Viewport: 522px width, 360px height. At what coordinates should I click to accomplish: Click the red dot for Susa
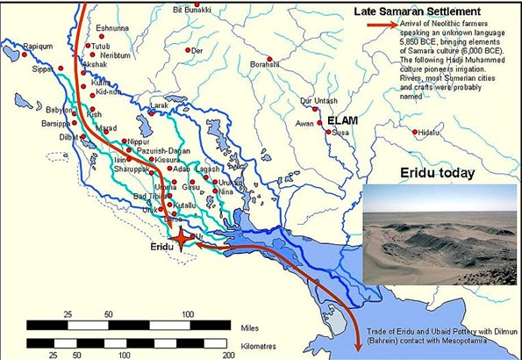pos(328,132)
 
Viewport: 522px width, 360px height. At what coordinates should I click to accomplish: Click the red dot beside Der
pos(189,51)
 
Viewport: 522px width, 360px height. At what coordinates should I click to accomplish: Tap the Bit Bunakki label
pos(193,9)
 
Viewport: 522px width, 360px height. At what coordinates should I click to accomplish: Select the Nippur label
pos(139,140)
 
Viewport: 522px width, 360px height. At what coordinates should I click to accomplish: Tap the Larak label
pos(158,105)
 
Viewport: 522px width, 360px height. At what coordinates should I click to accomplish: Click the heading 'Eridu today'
pos(436,172)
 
